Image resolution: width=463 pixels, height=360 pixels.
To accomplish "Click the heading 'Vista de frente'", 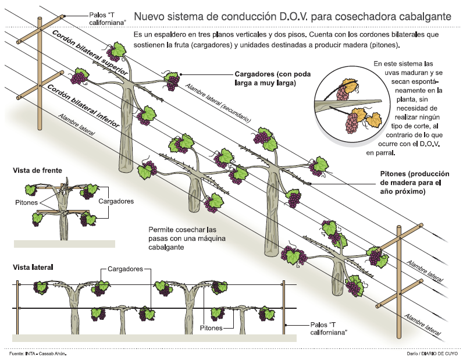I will (x=37, y=170).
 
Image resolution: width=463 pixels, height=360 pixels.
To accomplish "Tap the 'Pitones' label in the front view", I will (x=27, y=202).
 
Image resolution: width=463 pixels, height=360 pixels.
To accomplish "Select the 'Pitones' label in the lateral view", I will (x=211, y=328).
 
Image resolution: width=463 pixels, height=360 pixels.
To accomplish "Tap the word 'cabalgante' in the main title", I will (x=423, y=15).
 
